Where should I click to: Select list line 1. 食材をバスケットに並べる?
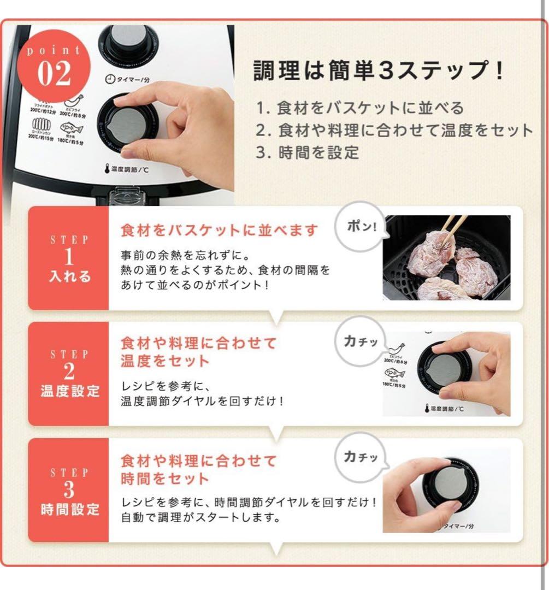360,108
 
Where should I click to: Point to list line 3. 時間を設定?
308,152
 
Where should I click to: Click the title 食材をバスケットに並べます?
219,230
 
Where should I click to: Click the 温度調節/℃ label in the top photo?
125,169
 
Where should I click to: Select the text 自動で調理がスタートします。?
201,517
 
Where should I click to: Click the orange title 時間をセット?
165,479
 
